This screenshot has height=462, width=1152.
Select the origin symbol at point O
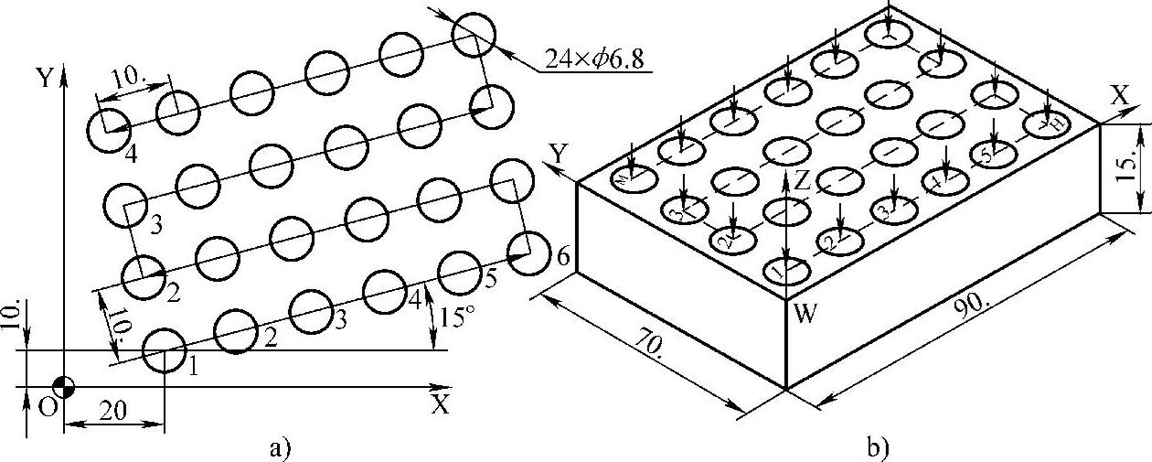pyautogui.click(x=62, y=385)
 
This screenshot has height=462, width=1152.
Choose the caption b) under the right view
pyautogui.click(x=877, y=447)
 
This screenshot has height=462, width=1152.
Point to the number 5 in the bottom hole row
pyautogui.click(x=491, y=280)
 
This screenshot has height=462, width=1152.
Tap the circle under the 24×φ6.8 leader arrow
pyautogui.click(x=474, y=34)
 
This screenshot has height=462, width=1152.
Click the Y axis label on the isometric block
pyautogui.click(x=557, y=150)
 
